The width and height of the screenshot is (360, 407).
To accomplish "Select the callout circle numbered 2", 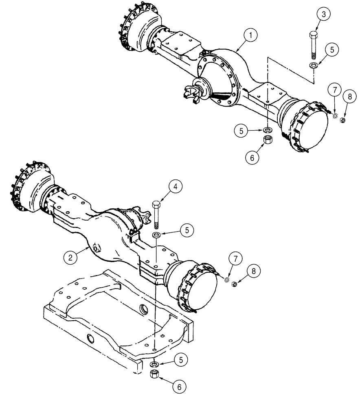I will pos(70,257).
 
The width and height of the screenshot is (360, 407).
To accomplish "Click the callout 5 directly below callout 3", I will pos(331,50).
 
